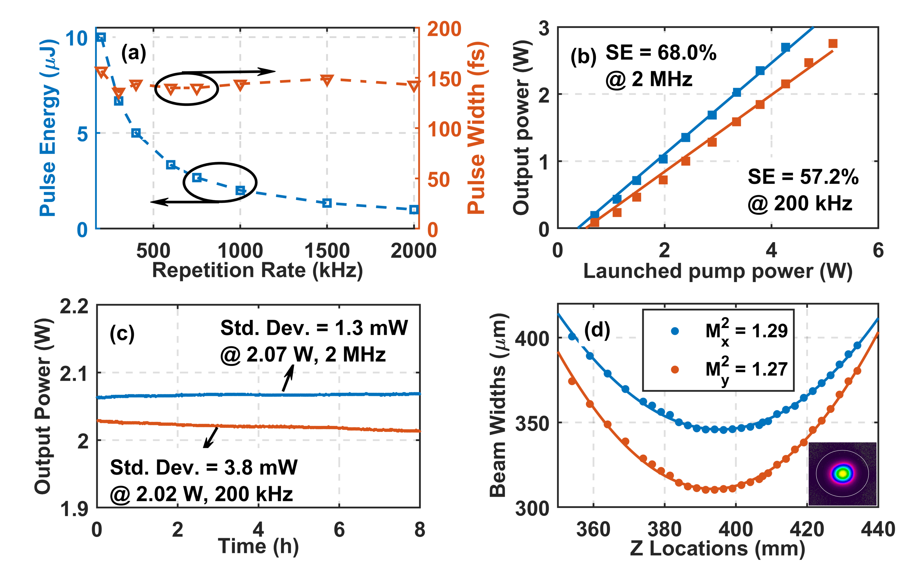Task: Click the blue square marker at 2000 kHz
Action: click(413, 209)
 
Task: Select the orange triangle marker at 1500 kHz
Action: click(327, 80)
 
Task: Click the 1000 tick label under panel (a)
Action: click(240, 251)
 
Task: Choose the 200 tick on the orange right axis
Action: click(444, 29)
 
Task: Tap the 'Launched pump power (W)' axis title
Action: click(718, 271)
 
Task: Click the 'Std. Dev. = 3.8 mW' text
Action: click(203, 468)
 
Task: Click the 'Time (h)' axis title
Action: click(258, 546)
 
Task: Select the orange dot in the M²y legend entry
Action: click(675, 369)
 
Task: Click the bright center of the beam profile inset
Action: click(842, 473)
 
